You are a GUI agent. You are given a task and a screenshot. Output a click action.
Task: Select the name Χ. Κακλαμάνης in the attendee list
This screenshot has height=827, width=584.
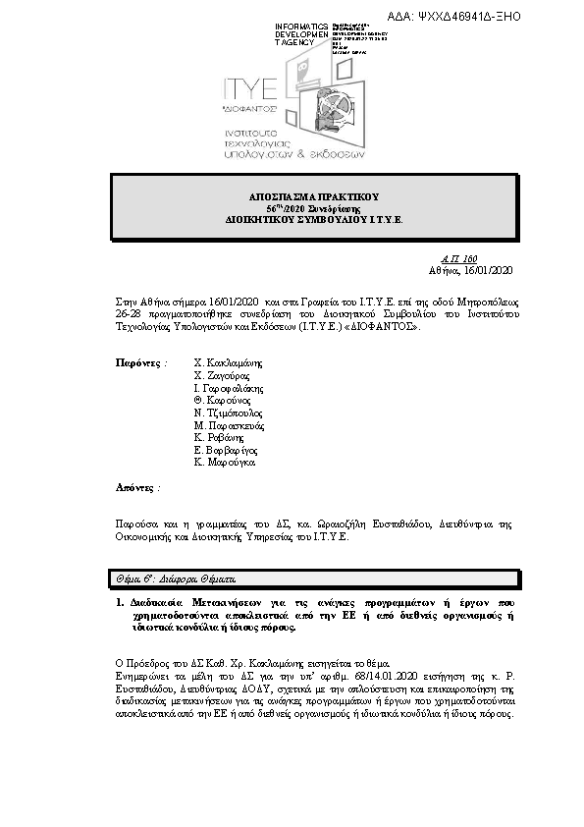click(x=229, y=362)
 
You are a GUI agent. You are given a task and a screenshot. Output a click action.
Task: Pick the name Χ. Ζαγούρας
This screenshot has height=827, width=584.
click(x=222, y=375)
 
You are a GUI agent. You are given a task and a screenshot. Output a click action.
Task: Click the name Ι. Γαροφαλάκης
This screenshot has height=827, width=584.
click(x=229, y=388)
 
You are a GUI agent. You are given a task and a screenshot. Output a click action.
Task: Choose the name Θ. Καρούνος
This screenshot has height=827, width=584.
click(x=223, y=401)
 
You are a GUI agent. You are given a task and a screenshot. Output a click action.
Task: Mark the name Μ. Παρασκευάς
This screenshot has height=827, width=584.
click(x=229, y=426)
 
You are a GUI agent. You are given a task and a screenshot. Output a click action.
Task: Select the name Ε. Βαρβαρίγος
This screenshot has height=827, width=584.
click(x=225, y=451)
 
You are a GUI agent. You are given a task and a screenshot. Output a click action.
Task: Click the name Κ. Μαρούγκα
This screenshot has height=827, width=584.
click(x=225, y=462)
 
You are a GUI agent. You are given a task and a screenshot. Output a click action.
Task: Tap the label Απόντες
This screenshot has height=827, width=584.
click(x=137, y=486)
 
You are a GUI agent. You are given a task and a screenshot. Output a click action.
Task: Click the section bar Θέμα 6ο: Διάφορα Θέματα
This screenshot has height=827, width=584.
click(x=172, y=579)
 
